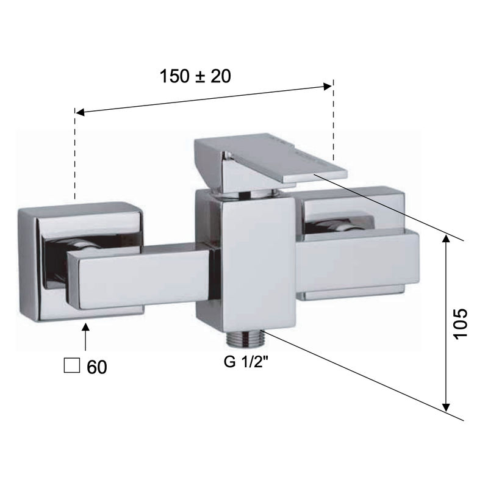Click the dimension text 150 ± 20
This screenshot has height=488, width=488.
click(195, 76)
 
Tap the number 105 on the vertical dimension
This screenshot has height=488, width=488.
click(461, 324)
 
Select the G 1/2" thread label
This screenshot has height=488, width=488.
click(246, 362)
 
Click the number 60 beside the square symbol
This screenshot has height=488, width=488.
click(97, 367)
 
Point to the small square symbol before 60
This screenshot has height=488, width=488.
click(71, 365)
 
